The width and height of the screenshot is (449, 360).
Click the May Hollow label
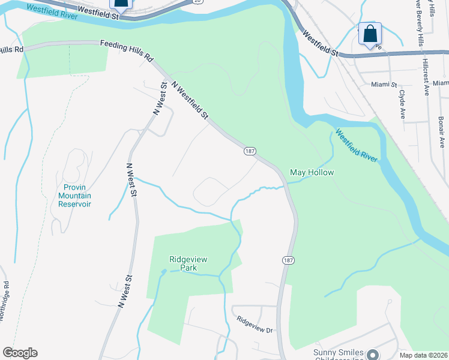[x=312, y=172]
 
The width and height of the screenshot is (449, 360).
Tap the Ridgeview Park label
[x=188, y=263]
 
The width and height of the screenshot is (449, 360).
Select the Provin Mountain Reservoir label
[x=74, y=196]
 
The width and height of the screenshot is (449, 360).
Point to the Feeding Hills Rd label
[x=127, y=51]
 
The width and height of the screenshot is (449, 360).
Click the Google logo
[x=20, y=353]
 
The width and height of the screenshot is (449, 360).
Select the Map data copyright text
[x=424, y=355]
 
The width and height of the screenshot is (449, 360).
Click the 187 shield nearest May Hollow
[x=250, y=151]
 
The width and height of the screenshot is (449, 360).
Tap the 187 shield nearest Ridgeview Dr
[x=288, y=260]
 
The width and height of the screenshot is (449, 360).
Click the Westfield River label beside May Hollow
[x=357, y=146]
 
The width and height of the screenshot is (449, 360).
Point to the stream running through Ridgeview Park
[x=198, y=274]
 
